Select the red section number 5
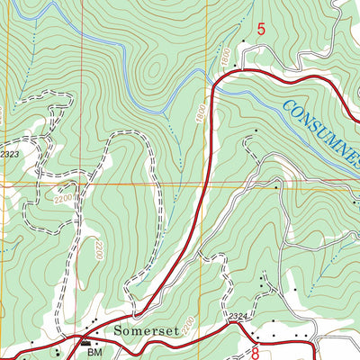coord(262,30)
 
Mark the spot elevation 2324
coord(237,316)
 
